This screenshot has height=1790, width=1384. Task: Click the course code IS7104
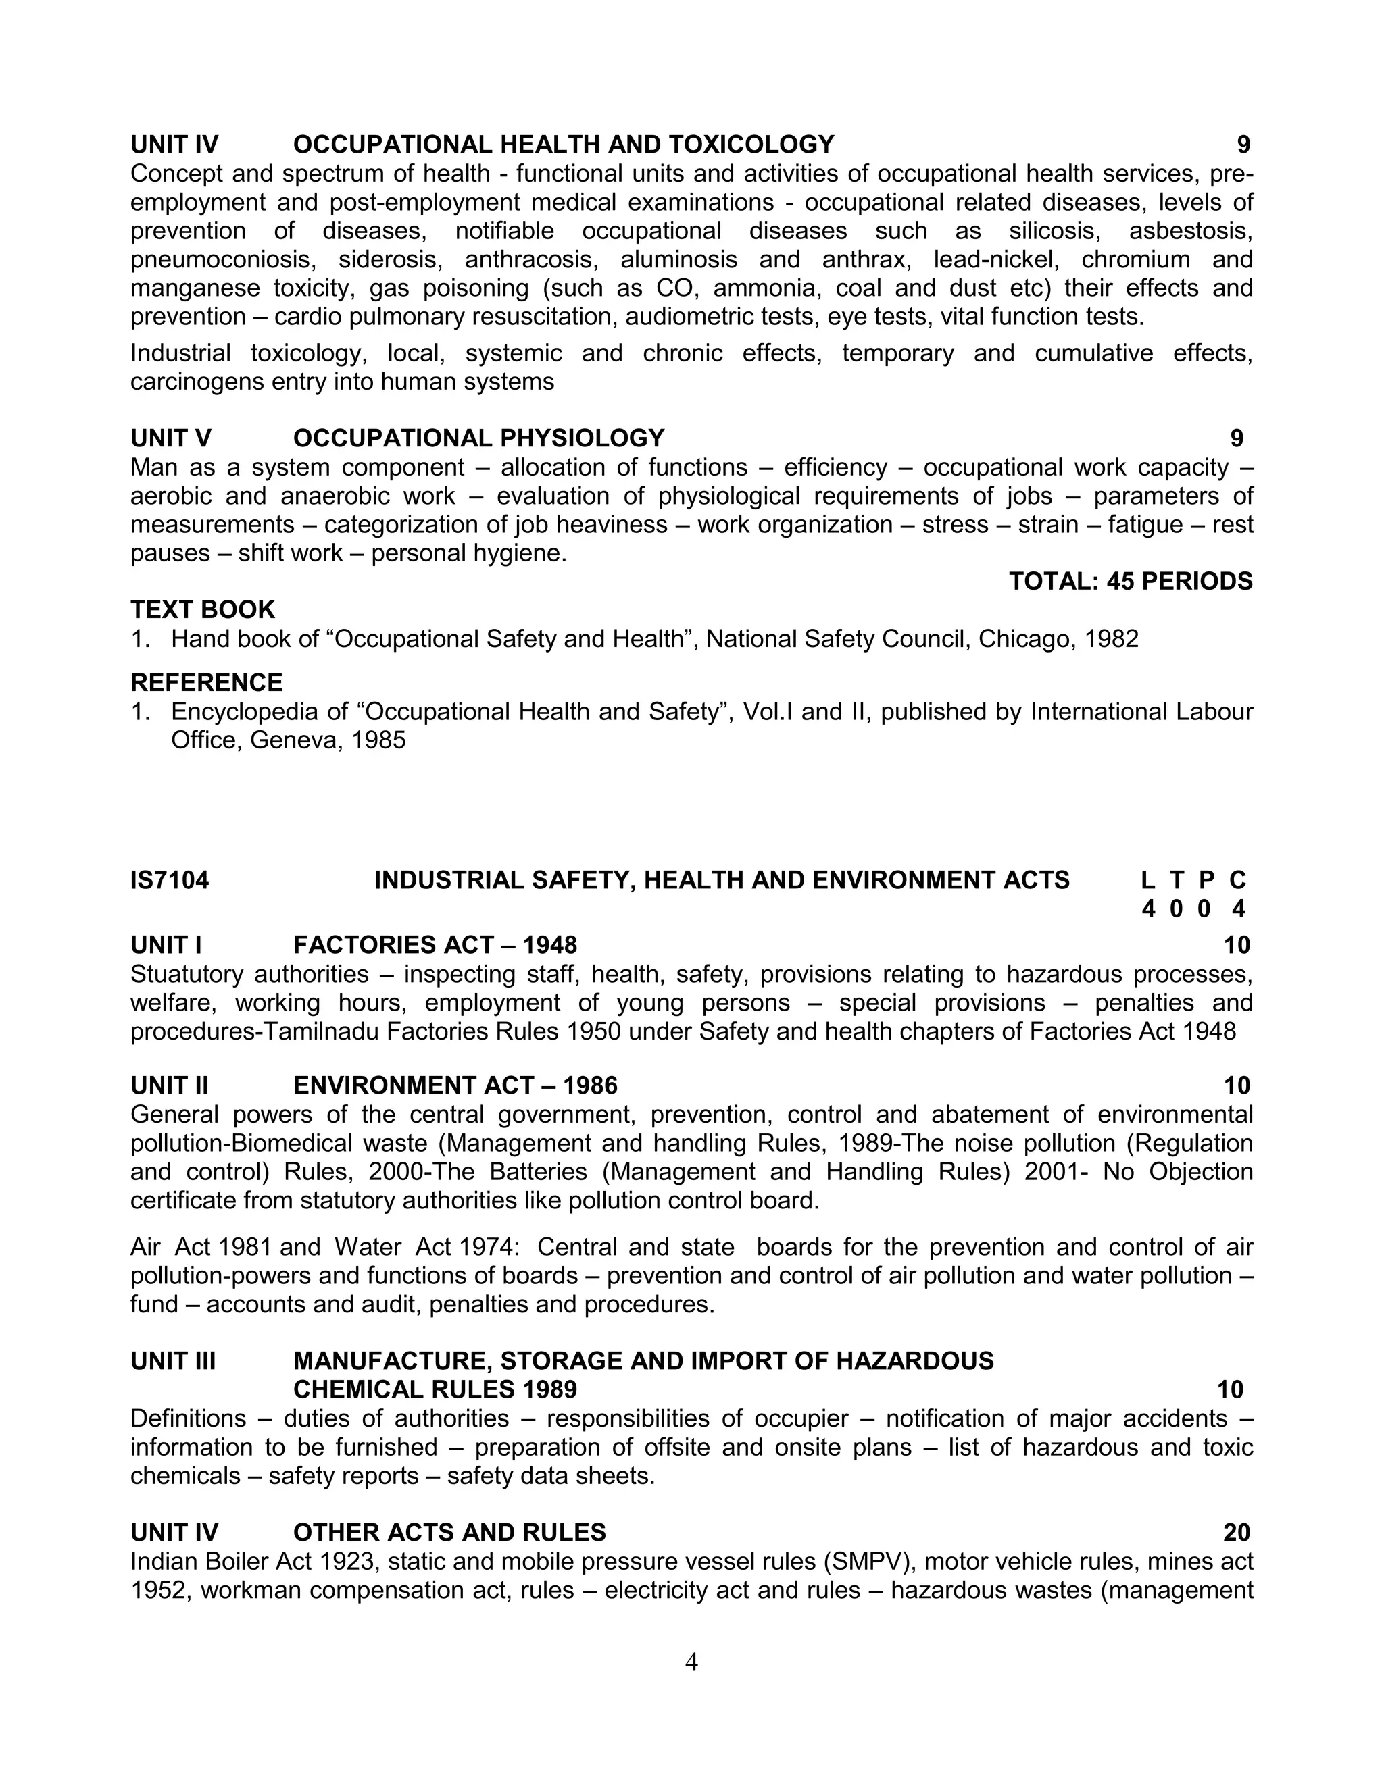pyautogui.click(x=170, y=880)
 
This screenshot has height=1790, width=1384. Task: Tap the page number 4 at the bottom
pyautogui.click(x=691, y=1662)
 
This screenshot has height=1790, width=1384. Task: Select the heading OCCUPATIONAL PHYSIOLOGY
pyautogui.click(x=479, y=438)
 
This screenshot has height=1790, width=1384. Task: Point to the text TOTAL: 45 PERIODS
pyautogui.click(x=1131, y=581)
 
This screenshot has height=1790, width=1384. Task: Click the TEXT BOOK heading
pyautogui.click(x=203, y=610)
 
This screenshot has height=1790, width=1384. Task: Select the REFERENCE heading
pyautogui.click(x=207, y=682)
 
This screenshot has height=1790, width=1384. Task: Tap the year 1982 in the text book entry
pyautogui.click(x=1111, y=638)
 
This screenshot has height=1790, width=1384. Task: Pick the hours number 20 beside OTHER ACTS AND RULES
pyautogui.click(x=1237, y=1533)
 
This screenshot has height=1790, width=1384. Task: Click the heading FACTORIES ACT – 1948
pyautogui.click(x=435, y=945)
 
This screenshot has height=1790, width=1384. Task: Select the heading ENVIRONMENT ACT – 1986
pyautogui.click(x=455, y=1085)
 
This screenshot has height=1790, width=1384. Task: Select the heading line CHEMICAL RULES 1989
pyautogui.click(x=435, y=1389)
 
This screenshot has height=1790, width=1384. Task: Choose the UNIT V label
pyautogui.click(x=170, y=438)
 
